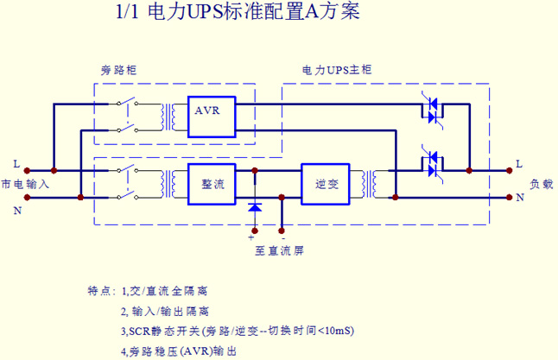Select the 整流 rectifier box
pyautogui.click(x=212, y=183)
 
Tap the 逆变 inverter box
pyautogui.click(x=321, y=183)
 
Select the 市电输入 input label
pyautogui.click(x=26, y=184)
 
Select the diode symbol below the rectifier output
pyautogui.click(x=254, y=207)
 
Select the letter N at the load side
pyautogui.click(x=519, y=197)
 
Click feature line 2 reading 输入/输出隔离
pyautogui.click(x=165, y=311)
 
